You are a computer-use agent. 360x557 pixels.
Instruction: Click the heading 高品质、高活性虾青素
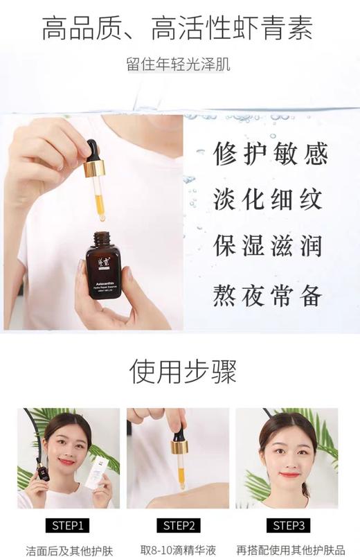click(179, 29)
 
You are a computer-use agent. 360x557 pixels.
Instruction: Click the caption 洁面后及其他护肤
click(68, 550)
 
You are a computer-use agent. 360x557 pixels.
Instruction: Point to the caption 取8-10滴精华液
click(178, 550)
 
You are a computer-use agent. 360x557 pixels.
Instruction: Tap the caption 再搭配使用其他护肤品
click(291, 550)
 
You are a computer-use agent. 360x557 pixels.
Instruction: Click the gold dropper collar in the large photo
click(93, 168)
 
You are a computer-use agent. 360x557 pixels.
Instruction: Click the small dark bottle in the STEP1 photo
click(44, 471)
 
